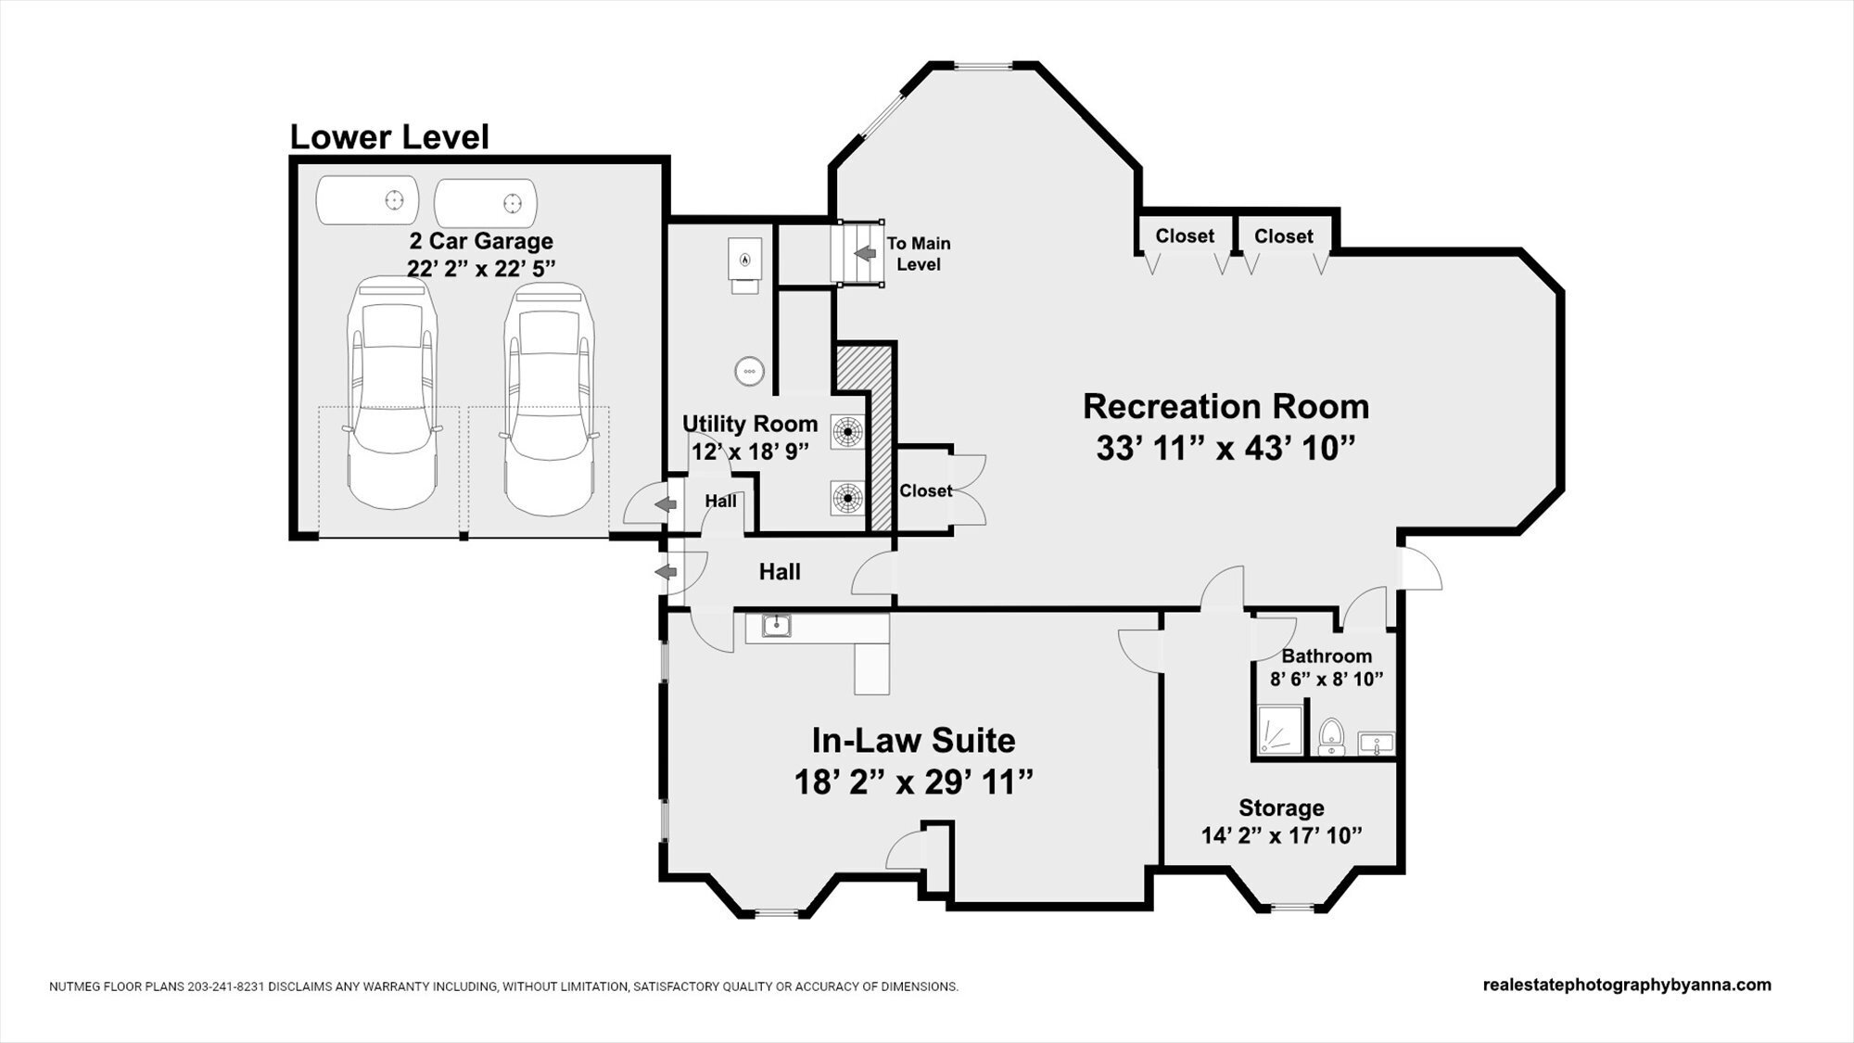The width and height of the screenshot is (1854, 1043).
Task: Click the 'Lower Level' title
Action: click(x=389, y=137)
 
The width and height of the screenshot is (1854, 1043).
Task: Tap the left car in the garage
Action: click(x=390, y=393)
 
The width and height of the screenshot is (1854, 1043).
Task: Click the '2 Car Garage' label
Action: click(x=481, y=241)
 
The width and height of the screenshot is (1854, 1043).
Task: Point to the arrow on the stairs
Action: click(x=865, y=252)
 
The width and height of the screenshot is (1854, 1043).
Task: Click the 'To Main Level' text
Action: click(x=919, y=254)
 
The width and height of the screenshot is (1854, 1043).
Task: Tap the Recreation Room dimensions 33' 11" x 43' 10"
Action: click(x=1225, y=449)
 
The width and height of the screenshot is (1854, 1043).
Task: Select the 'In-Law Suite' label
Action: click(x=913, y=741)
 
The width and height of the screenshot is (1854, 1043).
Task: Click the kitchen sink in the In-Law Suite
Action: click(x=777, y=626)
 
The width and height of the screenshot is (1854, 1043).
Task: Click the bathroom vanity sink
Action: click(x=1377, y=743)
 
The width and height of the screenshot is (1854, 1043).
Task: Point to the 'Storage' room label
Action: click(x=1281, y=808)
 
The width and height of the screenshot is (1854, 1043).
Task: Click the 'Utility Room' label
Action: click(x=750, y=425)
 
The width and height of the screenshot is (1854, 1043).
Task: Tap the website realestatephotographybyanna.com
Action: click(x=1627, y=985)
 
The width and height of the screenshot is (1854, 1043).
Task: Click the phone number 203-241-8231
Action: click(x=227, y=986)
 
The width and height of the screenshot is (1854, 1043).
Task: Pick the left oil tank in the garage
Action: click(x=368, y=200)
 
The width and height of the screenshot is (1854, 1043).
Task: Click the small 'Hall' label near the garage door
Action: click(x=720, y=502)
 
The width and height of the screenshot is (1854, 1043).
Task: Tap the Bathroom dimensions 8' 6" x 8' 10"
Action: click(x=1327, y=679)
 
